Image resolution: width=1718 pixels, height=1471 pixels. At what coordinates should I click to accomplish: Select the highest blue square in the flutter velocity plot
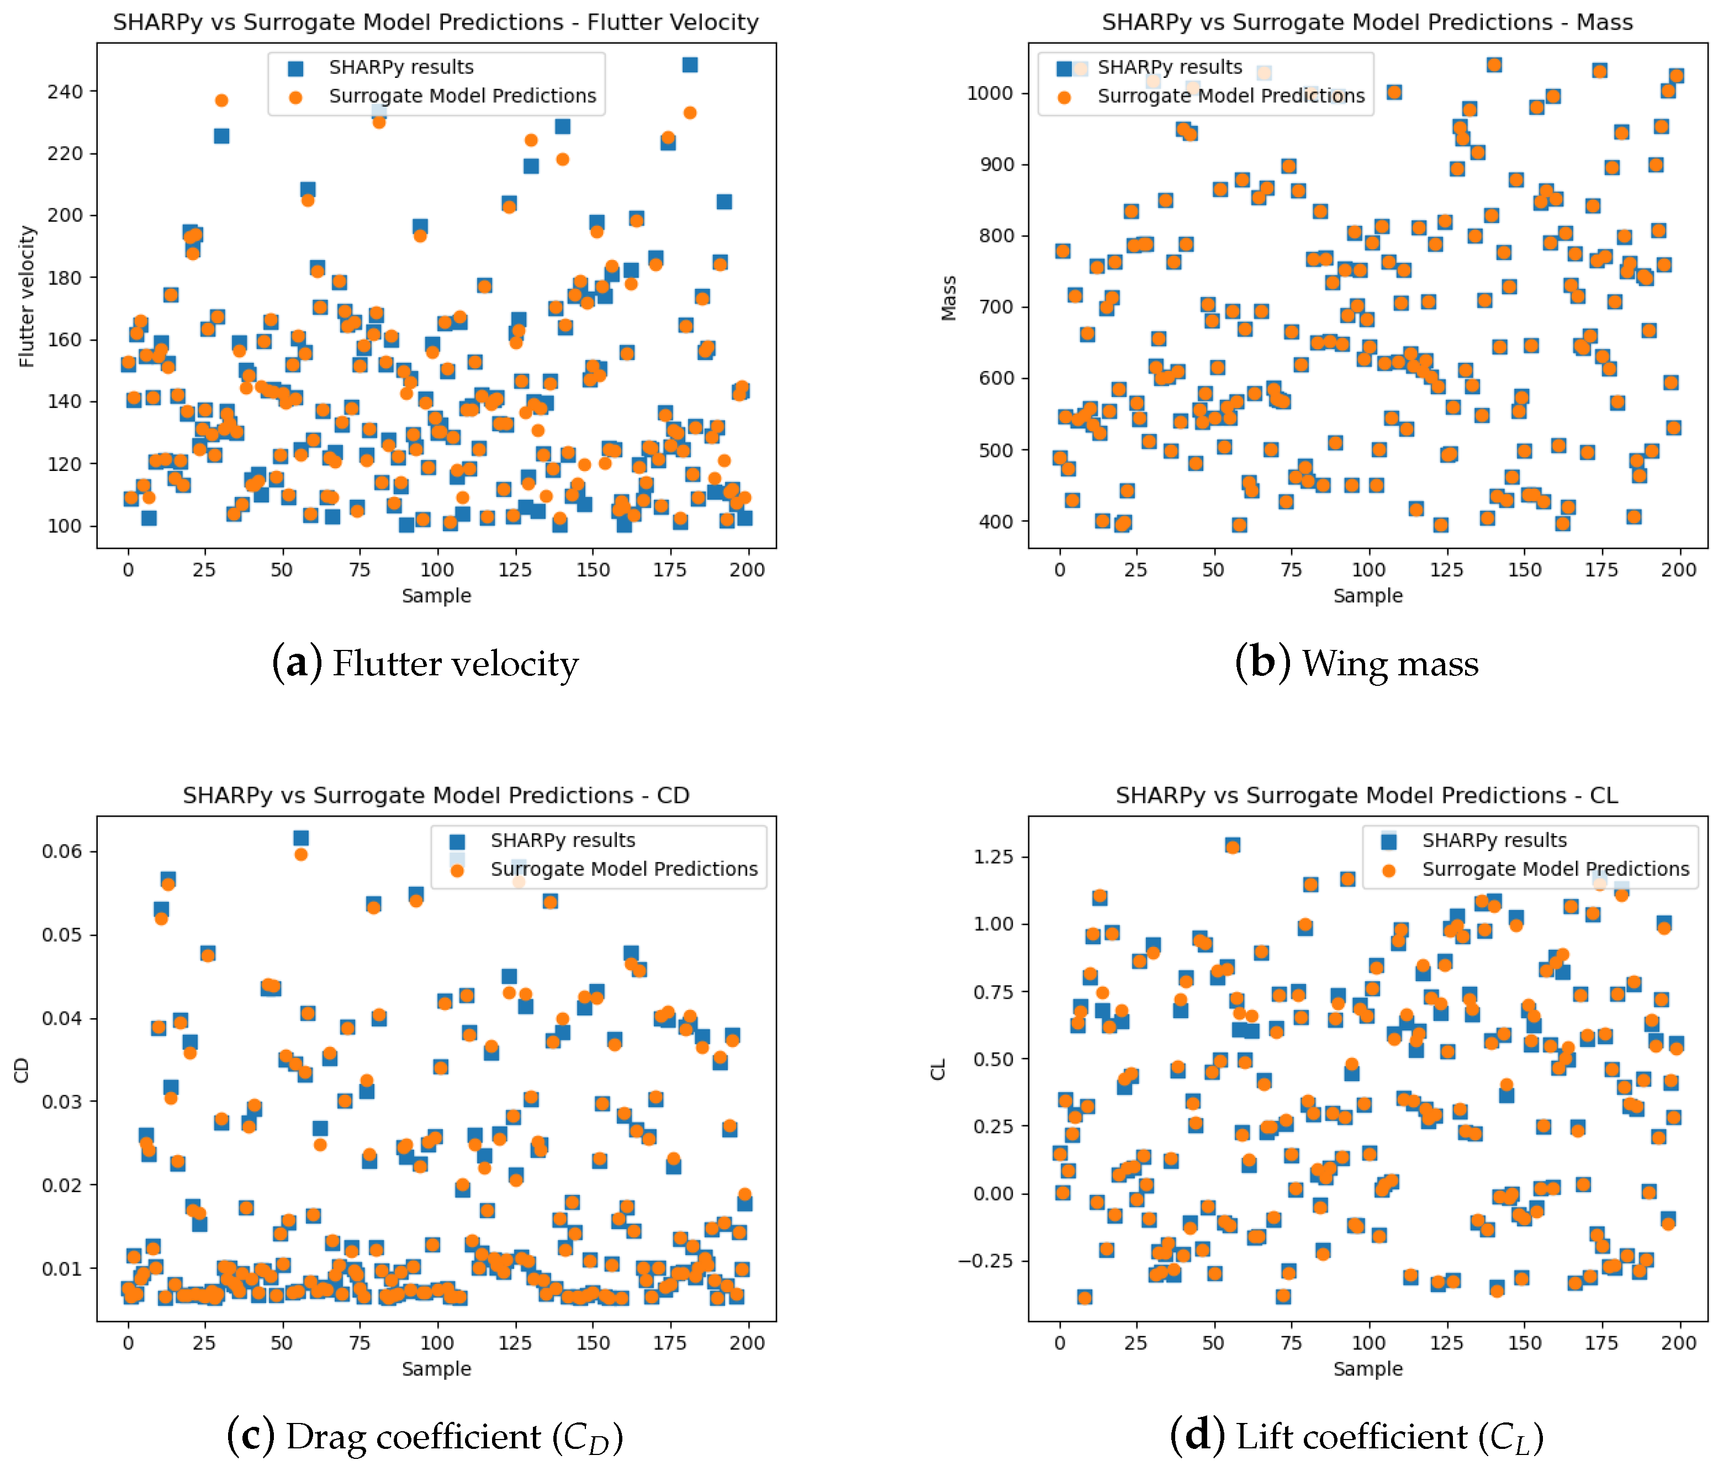[689, 65]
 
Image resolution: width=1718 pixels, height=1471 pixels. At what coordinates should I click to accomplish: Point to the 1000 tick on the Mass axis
[990, 93]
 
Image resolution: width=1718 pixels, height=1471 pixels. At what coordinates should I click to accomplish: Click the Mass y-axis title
[949, 298]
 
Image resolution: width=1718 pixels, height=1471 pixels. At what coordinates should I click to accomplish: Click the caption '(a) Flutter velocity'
[425, 663]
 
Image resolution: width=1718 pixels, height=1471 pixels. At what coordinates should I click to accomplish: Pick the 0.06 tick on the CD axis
[62, 851]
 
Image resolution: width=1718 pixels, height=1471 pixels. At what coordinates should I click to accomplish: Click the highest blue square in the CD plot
[301, 838]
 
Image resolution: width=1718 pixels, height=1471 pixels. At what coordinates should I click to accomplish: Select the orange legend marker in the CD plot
[457, 870]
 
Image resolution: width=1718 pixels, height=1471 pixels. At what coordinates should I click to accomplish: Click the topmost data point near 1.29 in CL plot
[1232, 846]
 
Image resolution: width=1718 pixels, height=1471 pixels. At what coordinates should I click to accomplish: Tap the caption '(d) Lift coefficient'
[1356, 1437]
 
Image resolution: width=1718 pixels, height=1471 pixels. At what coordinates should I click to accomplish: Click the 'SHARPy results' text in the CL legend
[1494, 840]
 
